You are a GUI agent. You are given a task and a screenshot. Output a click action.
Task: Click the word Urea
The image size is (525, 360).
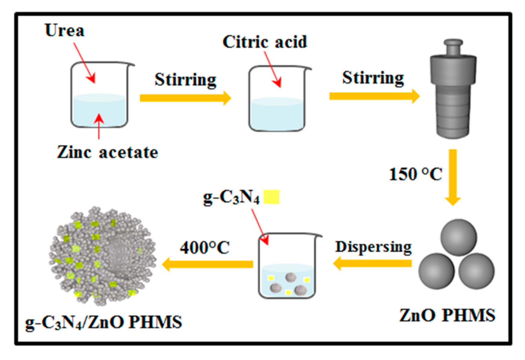tap(64, 30)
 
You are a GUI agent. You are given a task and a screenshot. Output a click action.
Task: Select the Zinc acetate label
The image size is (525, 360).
tap(107, 152)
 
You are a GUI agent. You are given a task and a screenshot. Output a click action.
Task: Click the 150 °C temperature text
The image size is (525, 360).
tap(415, 174)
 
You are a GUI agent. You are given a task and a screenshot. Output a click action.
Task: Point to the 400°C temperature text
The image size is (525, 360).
tap(205, 248)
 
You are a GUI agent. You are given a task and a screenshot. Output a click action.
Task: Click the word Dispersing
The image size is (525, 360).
tap(373, 247)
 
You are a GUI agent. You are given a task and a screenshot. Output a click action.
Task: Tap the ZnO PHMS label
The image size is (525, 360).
tap(447, 315)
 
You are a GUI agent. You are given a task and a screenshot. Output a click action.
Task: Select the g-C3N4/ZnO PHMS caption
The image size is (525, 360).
tap(104, 322)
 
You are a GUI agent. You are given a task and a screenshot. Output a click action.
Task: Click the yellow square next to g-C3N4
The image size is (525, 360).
tap(272, 197)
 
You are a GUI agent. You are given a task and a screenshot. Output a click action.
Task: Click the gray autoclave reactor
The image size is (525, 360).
tap(453, 96)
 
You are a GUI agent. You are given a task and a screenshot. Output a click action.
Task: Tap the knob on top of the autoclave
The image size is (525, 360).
tap(453, 47)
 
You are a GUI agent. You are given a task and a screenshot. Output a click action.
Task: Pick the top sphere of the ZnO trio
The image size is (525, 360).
tap(458, 237)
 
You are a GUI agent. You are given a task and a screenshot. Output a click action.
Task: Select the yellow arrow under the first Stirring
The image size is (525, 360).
tap(185, 98)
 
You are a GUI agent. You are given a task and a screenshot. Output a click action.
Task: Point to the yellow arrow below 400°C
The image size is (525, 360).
tap(208, 264)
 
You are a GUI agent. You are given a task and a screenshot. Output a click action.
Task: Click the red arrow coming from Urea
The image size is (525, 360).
tap(85, 63)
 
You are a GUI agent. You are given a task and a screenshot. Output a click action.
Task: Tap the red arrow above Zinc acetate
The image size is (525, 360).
tap(99, 126)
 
